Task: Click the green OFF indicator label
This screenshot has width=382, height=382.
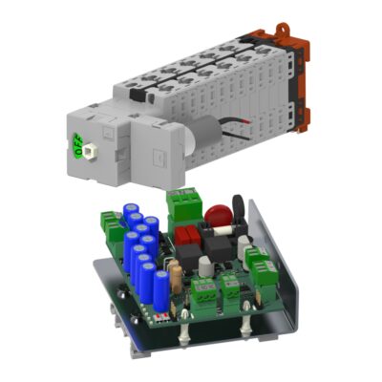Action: pos(77,144)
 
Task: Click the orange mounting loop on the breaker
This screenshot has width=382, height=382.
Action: pos(282,28)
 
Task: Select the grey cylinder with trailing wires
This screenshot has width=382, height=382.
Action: pos(203,135)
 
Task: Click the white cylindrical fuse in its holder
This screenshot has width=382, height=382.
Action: pos(223,231)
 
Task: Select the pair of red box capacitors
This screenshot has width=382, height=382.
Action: pos(187,236)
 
